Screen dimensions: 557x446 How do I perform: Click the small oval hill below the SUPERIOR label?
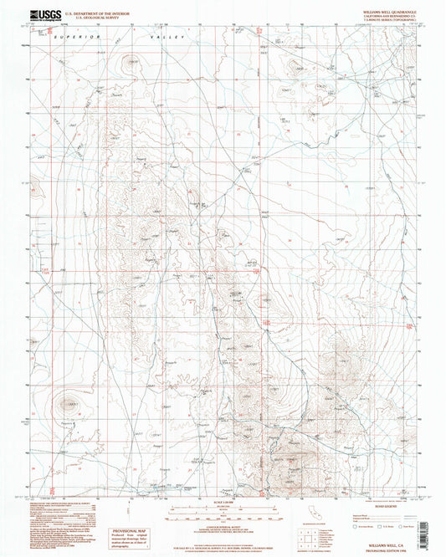point(130,60)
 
